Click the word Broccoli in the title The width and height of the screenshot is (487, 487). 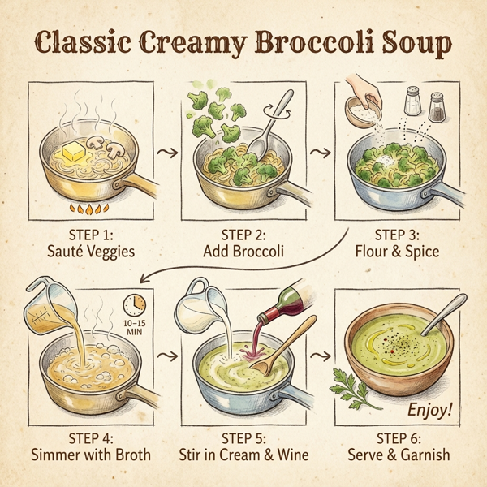point(350,45)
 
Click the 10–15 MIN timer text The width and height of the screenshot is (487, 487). point(136,327)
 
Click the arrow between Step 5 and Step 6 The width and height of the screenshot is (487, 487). point(322,356)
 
